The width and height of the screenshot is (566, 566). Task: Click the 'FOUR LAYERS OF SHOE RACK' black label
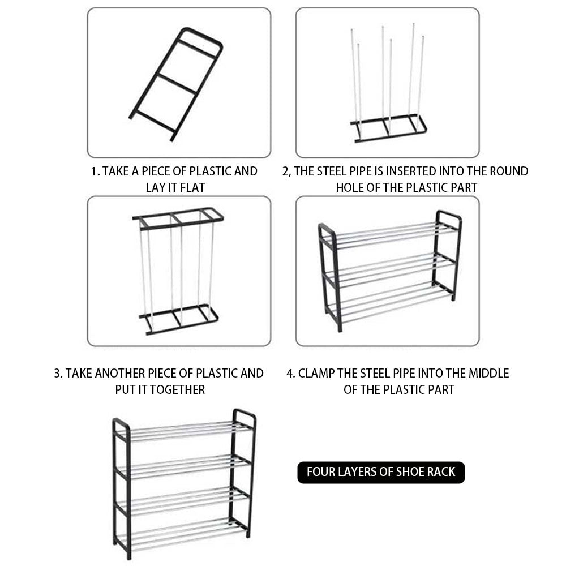[381, 472]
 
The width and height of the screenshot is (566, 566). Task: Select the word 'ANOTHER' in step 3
[119, 373]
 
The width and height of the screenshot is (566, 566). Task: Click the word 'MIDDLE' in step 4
[489, 373]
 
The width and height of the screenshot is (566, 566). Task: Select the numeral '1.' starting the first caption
[95, 171]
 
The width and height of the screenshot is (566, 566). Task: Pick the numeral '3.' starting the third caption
[58, 373]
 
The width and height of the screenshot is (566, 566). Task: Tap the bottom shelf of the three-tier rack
[389, 303]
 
